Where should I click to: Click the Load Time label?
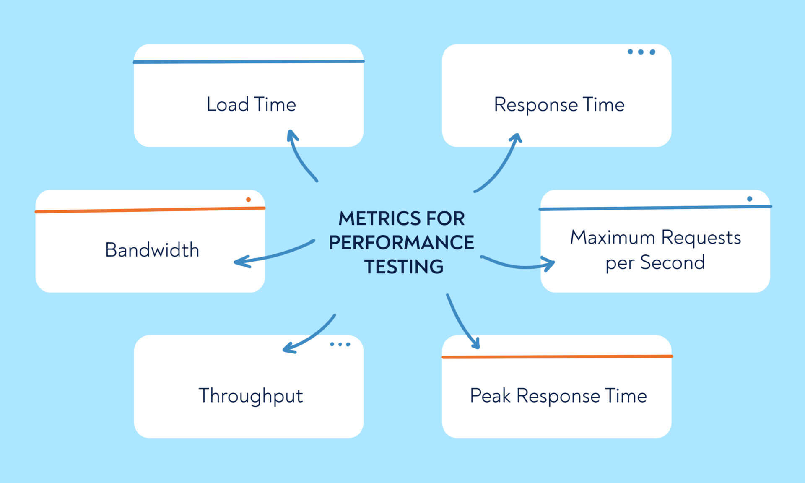(251, 104)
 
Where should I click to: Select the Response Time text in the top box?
(559, 105)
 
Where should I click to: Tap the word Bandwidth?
(152, 250)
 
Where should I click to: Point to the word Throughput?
(251, 396)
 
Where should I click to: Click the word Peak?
(490, 395)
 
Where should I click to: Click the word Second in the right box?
(672, 263)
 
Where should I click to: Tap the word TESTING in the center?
(403, 267)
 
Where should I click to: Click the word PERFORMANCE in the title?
(401, 243)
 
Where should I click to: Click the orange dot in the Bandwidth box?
(248, 200)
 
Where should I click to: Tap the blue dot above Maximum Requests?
(749, 199)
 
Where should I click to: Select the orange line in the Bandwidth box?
(150, 210)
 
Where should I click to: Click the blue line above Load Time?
(249, 62)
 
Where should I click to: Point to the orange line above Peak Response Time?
(557, 357)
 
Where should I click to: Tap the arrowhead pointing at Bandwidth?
(241, 262)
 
